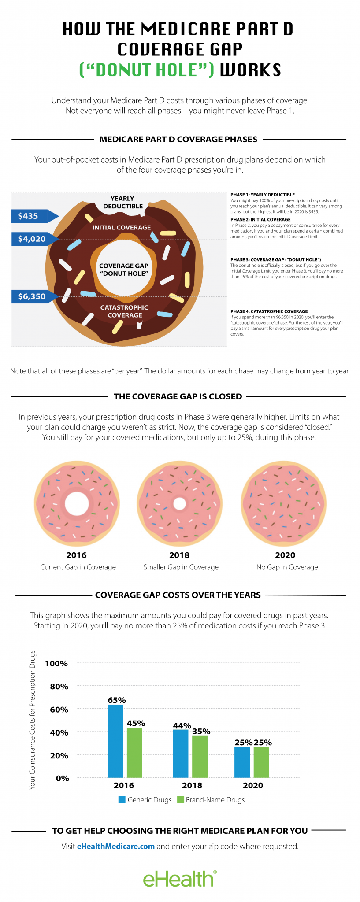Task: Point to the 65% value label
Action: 117,700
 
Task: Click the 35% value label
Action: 201,731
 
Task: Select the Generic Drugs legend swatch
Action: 122,799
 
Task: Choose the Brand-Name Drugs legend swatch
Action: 180,799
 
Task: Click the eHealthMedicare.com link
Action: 116,846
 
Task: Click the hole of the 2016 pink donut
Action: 77,503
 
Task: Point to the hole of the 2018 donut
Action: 179,503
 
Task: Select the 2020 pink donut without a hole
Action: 284,503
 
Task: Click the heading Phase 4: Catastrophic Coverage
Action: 269,311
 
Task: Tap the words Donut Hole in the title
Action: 147,70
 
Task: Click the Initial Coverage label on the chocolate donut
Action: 122,227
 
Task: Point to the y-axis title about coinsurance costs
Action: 33,720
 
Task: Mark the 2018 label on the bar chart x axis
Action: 192,785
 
